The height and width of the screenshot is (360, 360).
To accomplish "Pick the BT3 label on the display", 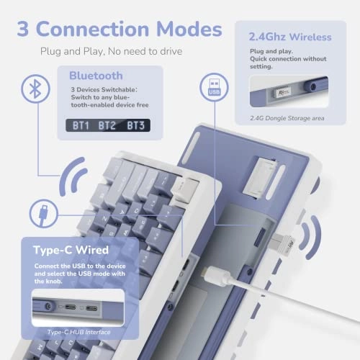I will (135, 125).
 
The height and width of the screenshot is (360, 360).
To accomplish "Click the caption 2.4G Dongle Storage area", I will (286, 117).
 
